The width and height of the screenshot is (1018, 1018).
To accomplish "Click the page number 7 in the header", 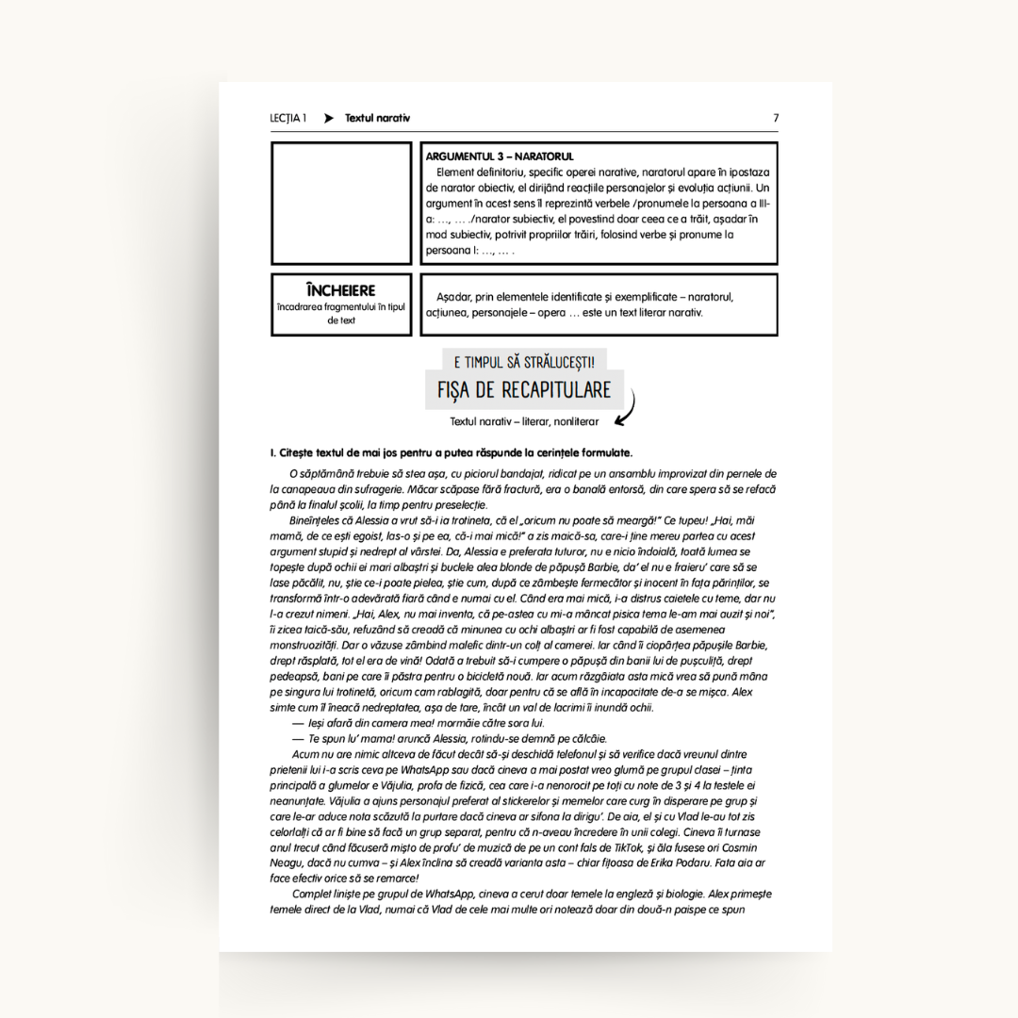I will pyautogui.click(x=776, y=119).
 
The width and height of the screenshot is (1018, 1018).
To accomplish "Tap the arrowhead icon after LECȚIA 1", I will pyautogui.click(x=329, y=119).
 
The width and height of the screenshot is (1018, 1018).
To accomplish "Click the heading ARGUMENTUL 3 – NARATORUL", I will pyautogui.click(x=500, y=156).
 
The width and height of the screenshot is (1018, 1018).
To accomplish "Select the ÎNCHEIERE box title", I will pyautogui.click(x=340, y=290).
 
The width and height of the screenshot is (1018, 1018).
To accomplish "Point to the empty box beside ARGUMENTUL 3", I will pyautogui.click(x=341, y=203).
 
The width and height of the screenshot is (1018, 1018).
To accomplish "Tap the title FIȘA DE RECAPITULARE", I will pyautogui.click(x=524, y=390).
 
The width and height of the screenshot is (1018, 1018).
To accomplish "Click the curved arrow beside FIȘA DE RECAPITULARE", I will pyautogui.click(x=626, y=406).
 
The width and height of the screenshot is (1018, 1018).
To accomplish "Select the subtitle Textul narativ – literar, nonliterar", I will pyautogui.click(x=524, y=421).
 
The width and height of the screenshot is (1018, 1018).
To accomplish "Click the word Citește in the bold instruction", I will pyautogui.click(x=300, y=452).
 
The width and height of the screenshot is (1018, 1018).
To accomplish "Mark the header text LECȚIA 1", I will pyautogui.click(x=287, y=119).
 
